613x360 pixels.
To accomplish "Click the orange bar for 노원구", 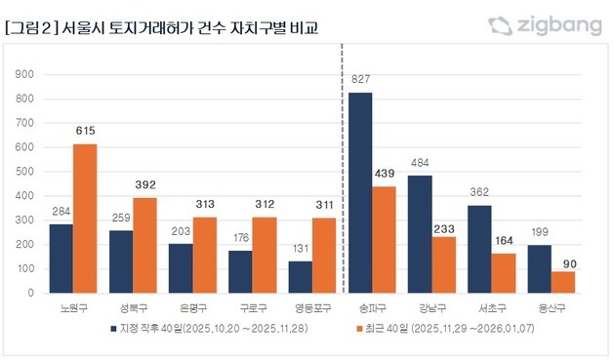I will tap(85, 219).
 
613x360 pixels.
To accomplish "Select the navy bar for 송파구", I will tap(361, 192).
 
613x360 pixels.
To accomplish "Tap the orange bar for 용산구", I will tap(564, 282).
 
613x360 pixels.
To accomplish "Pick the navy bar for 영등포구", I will tap(302, 277).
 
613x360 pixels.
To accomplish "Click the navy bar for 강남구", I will tap(421, 234).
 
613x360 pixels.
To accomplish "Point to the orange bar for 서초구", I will tap(505, 273).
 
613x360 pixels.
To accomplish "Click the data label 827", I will tap(361, 79).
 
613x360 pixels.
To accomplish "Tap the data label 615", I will tap(85, 131).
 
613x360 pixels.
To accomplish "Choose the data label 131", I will tap(302, 248).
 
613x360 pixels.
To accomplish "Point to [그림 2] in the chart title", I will tap(28, 26).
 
